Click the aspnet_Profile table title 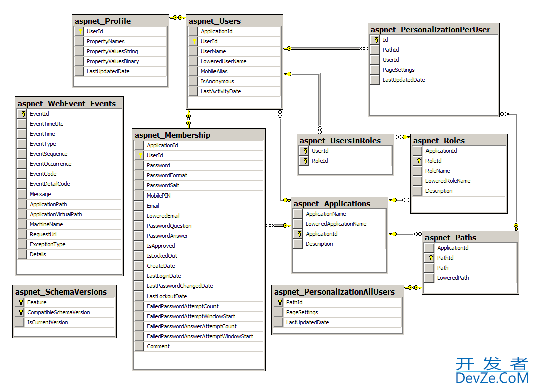[102, 21]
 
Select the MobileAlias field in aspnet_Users [214, 71]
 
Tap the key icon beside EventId [23, 114]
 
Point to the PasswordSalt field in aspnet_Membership [163, 185]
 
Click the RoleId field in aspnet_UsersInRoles [319, 161]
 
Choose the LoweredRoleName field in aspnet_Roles [448, 181]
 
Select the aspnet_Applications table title [332, 204]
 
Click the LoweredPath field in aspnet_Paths [453, 278]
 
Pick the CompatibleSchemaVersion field [58, 312]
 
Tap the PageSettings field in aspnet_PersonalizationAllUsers [302, 312]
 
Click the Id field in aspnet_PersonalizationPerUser [385, 40]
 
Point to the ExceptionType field [47, 244]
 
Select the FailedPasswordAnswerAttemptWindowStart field [199, 336]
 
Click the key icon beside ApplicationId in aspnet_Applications [299, 234]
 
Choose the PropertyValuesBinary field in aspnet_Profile [113, 61]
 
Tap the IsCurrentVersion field [47, 322]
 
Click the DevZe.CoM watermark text [492, 378]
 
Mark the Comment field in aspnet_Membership [158, 346]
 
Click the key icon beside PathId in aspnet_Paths [430, 258]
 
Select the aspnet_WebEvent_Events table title [66, 104]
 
